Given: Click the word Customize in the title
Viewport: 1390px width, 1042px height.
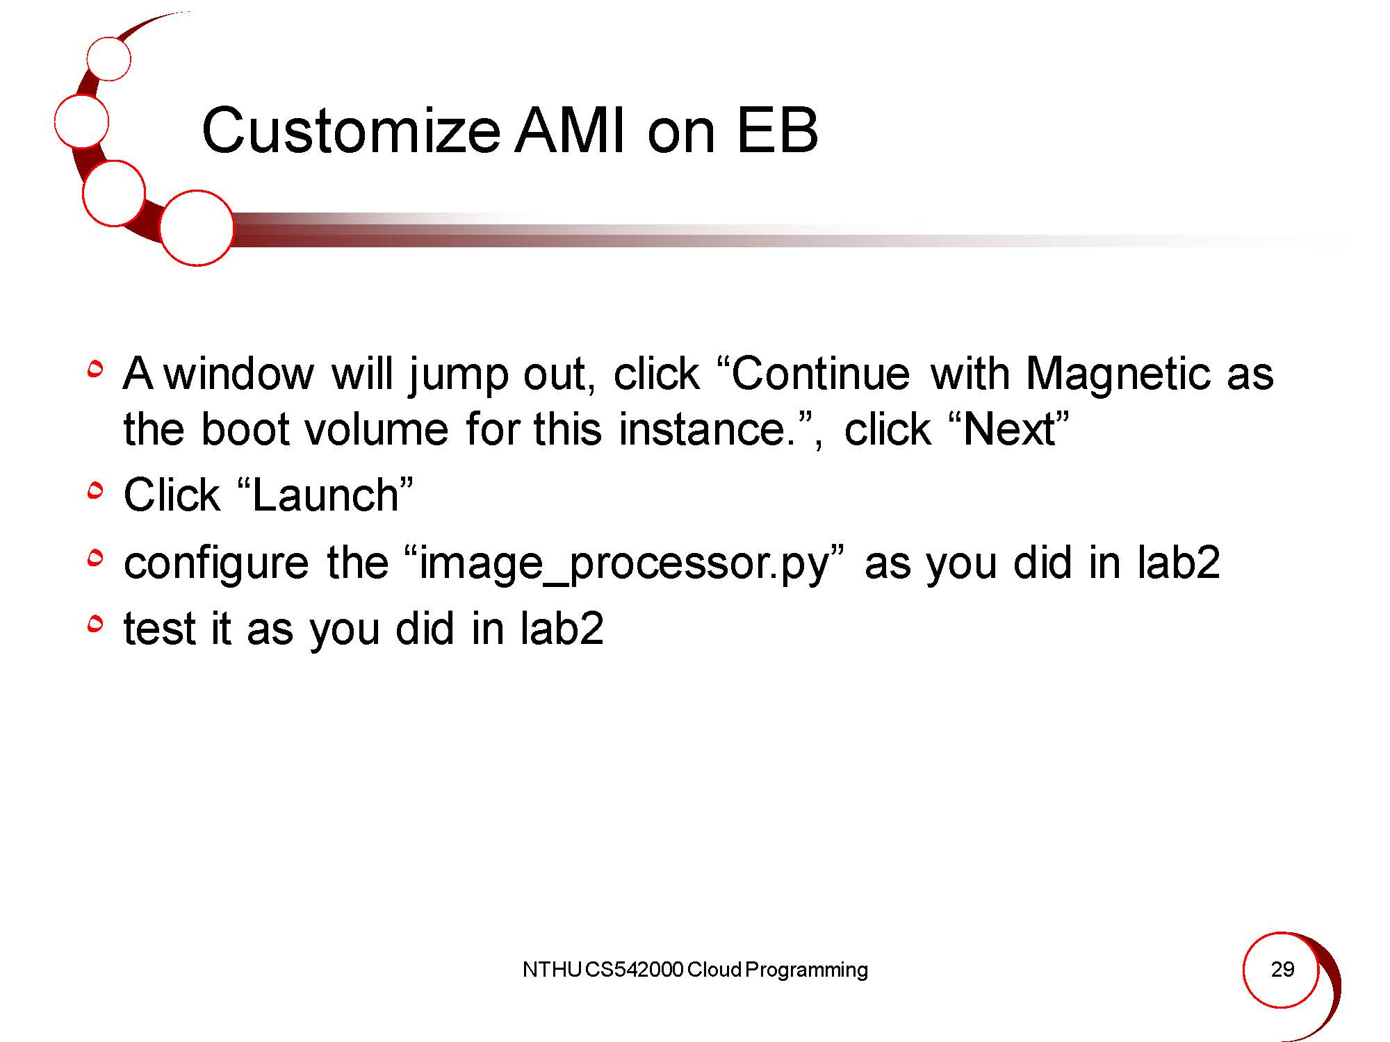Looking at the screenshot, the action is coord(351,131).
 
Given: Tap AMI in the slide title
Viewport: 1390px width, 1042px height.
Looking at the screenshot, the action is coord(571,131).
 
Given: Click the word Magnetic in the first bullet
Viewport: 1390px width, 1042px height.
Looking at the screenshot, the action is coord(1117,374).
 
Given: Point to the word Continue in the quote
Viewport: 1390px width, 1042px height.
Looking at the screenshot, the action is coord(820,374).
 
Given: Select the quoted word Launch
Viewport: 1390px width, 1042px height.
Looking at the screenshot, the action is coord(325,495).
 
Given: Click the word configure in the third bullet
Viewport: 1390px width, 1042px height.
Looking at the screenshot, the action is coord(216,563).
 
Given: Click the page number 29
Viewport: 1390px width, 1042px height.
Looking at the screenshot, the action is coord(1282,969).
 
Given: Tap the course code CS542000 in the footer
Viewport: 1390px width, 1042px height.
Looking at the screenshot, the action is coord(634,969).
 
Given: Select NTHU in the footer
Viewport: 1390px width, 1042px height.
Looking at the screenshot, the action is coord(552,969).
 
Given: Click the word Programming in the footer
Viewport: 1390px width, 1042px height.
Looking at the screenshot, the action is coord(806,970).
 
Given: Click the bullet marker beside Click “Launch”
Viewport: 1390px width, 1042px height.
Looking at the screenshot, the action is coord(96,492).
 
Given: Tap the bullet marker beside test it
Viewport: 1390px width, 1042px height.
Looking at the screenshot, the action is coord(96,625).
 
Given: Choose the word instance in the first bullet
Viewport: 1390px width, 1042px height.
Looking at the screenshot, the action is coord(702,429).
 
